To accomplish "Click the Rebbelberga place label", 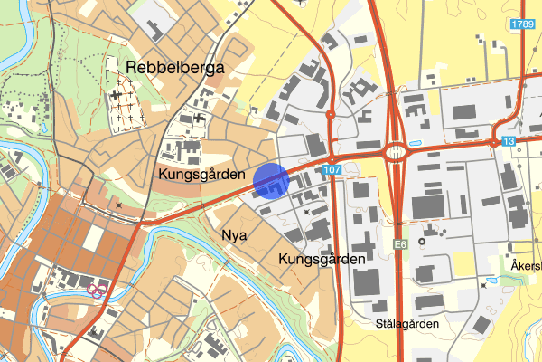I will point(174,68).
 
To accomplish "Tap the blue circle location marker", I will point(270,181).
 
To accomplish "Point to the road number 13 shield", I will point(510,142).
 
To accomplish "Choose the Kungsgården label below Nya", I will point(322,259).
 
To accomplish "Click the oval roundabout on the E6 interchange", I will point(397,153).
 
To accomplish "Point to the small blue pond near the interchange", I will point(415,142).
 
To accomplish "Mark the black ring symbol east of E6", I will point(420,227).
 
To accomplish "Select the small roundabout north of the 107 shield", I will point(331,114).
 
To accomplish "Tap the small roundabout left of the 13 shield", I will point(492,142).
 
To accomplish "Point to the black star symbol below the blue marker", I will point(306,210).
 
